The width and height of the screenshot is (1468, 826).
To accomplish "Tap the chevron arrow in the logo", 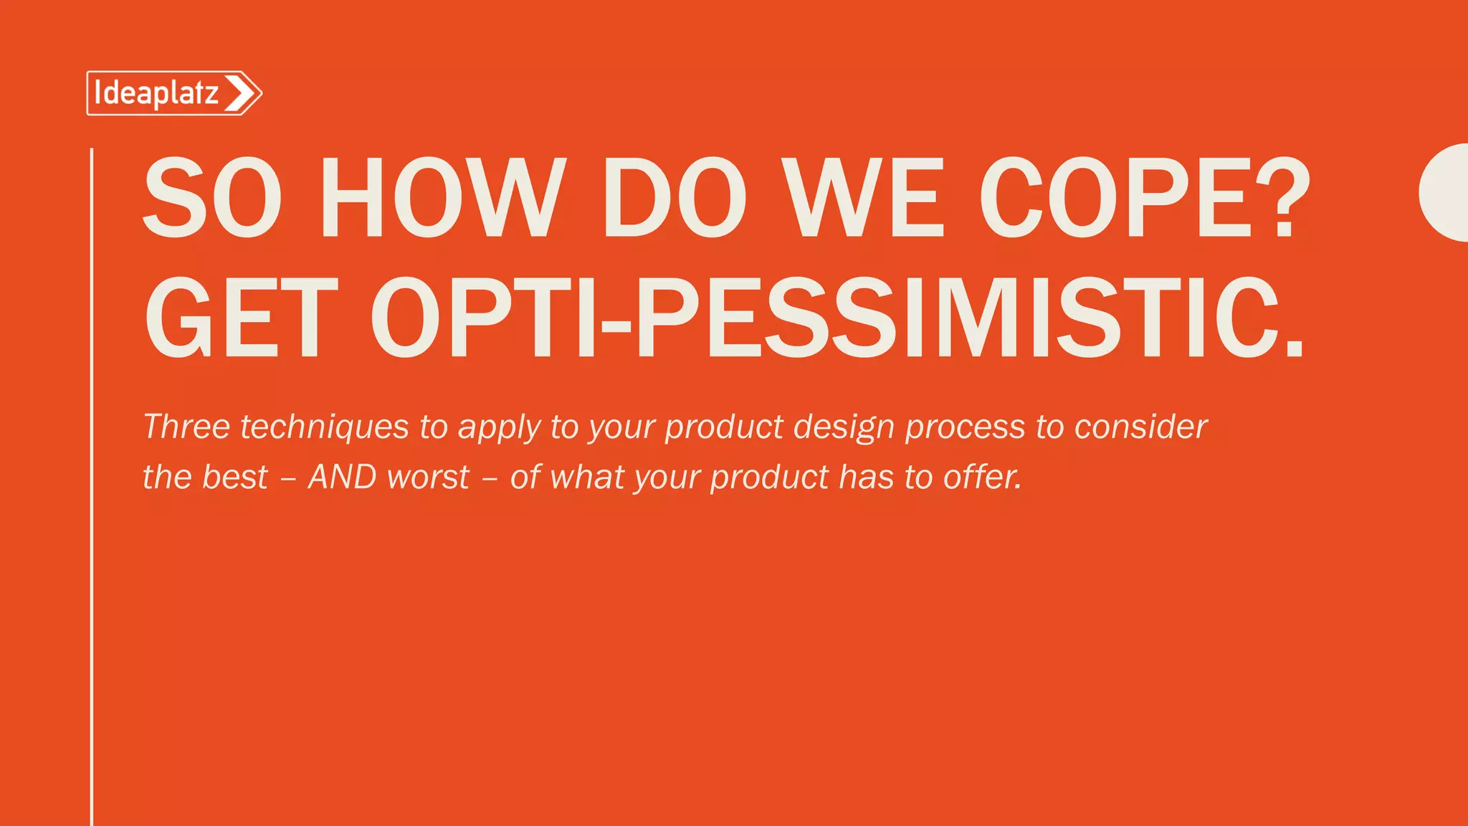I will [x=241, y=93].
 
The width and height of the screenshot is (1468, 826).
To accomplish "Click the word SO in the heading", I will [x=212, y=198].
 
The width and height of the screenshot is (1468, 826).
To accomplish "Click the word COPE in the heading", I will [x=1115, y=198].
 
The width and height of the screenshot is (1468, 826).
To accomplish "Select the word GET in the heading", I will [x=242, y=318].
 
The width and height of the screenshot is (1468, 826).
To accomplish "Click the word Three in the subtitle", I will [x=186, y=427].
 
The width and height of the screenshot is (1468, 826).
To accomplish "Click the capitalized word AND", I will [x=342, y=477].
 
